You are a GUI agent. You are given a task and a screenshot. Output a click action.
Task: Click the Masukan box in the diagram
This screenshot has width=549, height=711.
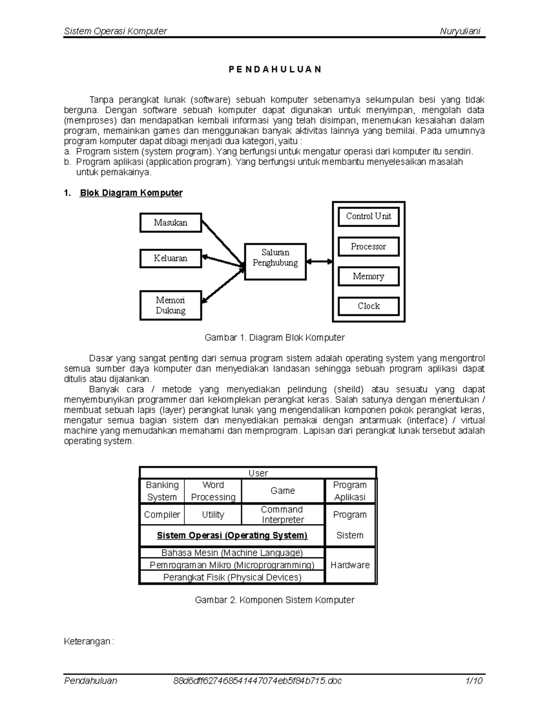coord(170,223)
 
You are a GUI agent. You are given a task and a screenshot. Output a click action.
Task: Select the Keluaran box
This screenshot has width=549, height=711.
coord(170,258)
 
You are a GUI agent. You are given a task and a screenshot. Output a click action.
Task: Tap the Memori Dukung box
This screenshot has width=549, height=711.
coord(170,305)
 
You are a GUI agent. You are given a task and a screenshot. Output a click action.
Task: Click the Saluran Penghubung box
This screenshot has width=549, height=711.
coord(275,258)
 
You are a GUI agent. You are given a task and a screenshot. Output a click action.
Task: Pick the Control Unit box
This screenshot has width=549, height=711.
coord(368,217)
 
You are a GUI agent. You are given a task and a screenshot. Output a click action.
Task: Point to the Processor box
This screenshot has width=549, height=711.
coord(368,247)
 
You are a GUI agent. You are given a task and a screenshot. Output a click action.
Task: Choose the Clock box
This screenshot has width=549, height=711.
coord(368,306)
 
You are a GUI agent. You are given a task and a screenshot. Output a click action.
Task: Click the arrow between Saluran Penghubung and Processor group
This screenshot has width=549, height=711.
coord(319,261)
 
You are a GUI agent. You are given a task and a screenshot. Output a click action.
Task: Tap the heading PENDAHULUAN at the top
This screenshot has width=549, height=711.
coord(274,70)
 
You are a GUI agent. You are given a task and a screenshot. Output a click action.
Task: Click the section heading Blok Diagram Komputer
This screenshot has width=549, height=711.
coord(131,193)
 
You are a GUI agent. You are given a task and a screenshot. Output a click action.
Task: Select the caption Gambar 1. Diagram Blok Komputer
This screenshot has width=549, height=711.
coord(274,338)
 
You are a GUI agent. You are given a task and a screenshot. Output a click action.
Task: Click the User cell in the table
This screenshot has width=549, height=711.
coord(258,473)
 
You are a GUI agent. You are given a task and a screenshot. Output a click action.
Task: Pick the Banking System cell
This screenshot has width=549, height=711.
coord(162,491)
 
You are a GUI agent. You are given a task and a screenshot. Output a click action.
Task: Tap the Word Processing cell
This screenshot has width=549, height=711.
coord(213,491)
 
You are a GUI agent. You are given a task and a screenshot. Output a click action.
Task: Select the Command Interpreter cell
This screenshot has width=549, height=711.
coord(282,515)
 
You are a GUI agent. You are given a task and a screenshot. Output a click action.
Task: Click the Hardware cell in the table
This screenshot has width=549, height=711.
coord(350,565)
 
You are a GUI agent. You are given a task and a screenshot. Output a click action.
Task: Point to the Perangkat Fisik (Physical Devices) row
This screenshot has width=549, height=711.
coord(232,577)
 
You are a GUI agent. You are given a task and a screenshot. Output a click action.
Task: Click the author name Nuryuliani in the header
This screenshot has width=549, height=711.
coord(460,31)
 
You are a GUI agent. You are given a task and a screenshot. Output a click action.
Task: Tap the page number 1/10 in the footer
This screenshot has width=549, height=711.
coord(474,681)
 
